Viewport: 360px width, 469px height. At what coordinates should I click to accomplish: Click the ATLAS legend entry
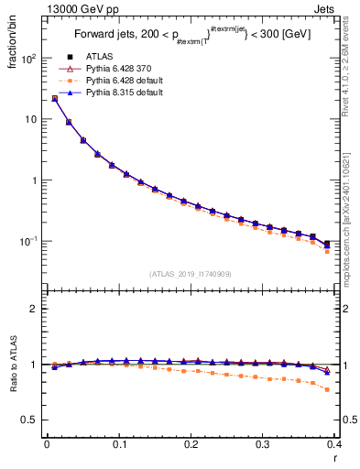pos(98,59)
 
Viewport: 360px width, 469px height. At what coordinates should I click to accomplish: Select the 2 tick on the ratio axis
pos(35,309)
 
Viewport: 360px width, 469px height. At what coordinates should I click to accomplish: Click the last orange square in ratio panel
pos(354,389)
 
